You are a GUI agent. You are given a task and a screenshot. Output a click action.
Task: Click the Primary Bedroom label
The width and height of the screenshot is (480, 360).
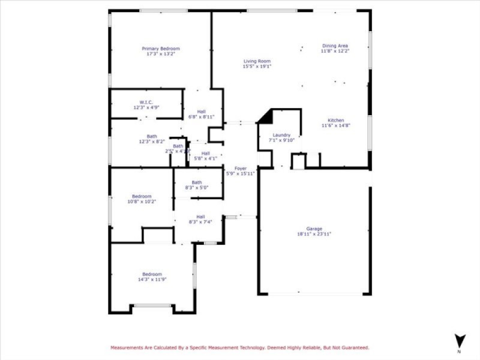160,49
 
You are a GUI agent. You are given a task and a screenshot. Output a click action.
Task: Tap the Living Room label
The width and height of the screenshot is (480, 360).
257,61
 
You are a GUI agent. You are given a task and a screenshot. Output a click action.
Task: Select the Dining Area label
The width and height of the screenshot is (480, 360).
335,46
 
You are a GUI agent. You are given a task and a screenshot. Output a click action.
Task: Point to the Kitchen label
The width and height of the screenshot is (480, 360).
335,120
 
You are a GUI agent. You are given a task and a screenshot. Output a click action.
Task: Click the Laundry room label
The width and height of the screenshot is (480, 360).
281,135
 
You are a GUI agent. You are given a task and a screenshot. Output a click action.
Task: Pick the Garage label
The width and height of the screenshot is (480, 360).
314,229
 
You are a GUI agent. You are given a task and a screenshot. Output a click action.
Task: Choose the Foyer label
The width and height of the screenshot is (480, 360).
240,168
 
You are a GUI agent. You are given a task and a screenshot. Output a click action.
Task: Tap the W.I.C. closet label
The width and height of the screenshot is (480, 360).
146,102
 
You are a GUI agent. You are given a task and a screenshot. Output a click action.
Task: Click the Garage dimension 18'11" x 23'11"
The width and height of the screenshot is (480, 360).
314,234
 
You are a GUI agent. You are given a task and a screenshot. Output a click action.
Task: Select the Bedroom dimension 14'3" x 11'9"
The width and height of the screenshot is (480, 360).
151,280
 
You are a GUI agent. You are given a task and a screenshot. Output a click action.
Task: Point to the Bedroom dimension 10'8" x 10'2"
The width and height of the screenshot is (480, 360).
142,202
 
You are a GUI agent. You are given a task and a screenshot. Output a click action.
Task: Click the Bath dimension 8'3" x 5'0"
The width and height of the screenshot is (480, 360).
197,188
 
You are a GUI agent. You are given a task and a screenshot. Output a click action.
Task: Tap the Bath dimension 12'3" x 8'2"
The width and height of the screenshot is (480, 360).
151,142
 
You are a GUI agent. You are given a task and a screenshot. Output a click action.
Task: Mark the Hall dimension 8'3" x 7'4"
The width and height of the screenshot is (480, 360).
200,222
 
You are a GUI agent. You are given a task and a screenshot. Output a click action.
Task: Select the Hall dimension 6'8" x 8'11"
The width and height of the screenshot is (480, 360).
201,116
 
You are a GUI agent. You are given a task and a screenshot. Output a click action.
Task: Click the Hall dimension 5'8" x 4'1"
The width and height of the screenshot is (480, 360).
205,158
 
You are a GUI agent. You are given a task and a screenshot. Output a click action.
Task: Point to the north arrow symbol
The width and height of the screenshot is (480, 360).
459,340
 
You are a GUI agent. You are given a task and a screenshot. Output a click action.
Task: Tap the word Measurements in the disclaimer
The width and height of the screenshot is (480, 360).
128,347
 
